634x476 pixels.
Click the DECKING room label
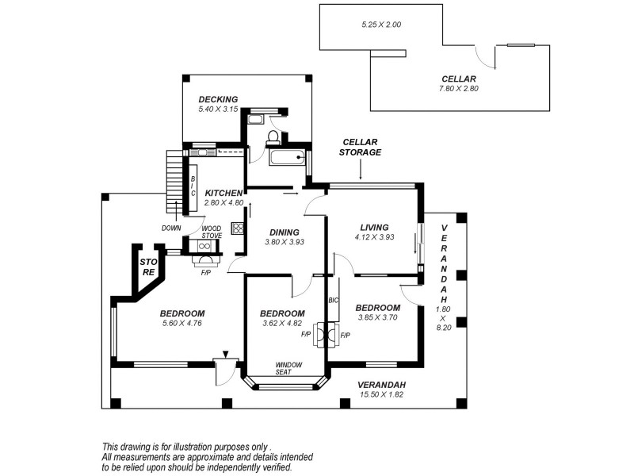click(218, 99)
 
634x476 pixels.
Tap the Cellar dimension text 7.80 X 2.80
click(460, 89)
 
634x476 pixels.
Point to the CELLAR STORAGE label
click(361, 147)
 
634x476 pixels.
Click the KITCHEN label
click(223, 193)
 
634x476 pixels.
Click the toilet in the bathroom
click(273, 137)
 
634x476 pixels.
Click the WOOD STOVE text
click(211, 231)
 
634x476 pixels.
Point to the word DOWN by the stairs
click(171, 228)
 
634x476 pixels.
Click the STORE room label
click(148, 267)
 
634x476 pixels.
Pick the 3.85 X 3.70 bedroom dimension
click(377, 317)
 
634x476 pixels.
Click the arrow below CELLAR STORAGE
click(361, 168)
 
